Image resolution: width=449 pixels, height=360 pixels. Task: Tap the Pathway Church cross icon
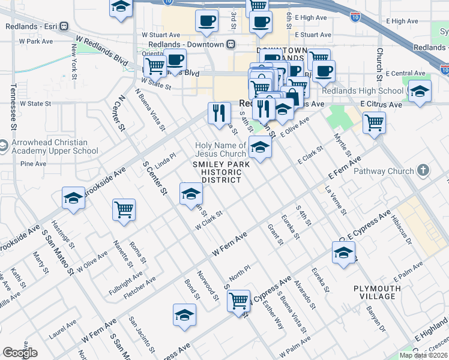pyautogui.click(x=423, y=171)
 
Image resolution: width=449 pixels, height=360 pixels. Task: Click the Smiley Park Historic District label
pyautogui.click(x=217, y=172)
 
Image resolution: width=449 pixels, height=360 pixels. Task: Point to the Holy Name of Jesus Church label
pyautogui.click(x=221, y=149)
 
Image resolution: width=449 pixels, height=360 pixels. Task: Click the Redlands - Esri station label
pyautogui.click(x=32, y=26)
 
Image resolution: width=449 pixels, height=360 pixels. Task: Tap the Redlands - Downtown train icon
pyautogui.click(x=230, y=44)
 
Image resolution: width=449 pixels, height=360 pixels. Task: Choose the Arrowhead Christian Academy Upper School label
pyautogui.click(x=53, y=147)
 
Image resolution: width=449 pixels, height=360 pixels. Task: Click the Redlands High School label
pyautogui.click(x=370, y=91)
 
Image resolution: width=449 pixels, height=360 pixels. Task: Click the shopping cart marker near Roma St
pyautogui.click(x=124, y=210)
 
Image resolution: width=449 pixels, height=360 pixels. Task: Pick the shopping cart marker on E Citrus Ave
pyautogui.click(x=374, y=122)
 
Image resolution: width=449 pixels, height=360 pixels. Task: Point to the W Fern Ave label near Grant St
pyautogui.click(x=228, y=246)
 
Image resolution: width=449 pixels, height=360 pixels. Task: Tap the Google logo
pyautogui.click(x=20, y=353)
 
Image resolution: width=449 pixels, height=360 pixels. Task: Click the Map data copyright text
pyautogui.click(x=424, y=355)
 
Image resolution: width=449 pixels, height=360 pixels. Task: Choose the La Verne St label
pyautogui.click(x=336, y=199)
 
